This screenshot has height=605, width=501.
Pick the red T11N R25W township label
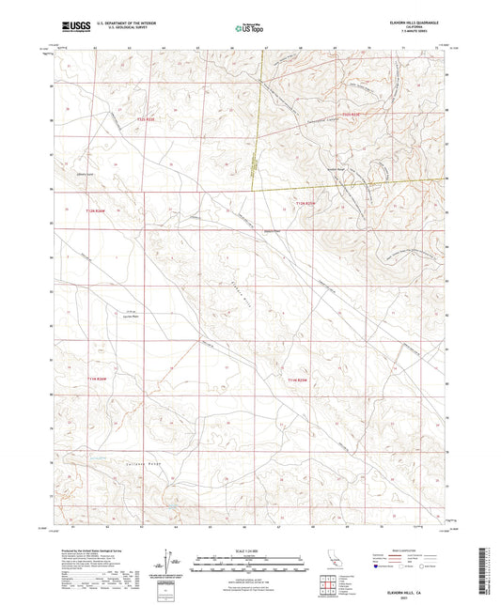click(299, 380)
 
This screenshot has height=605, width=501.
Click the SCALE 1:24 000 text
click(250, 549)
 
